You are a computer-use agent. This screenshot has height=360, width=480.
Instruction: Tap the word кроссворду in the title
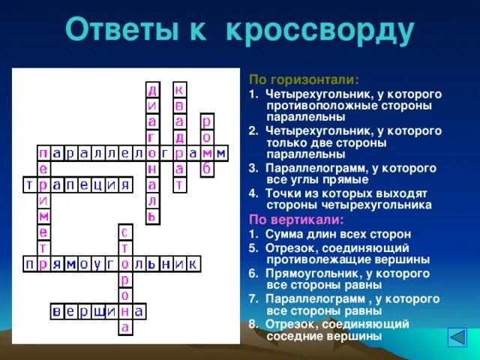coord(319,31)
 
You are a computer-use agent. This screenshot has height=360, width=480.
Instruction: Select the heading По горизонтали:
coord(304,79)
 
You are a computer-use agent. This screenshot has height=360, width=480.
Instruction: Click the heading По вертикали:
coord(296,220)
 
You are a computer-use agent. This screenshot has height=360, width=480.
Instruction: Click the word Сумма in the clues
coord(286,234)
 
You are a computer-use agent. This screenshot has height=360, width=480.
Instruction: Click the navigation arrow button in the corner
coord(457,337)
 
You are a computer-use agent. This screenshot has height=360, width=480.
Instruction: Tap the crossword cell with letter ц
coord(97,184)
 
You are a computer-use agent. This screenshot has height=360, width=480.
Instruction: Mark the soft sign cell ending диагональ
coord(152,216)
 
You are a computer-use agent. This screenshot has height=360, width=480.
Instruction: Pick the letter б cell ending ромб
coord(207,169)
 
